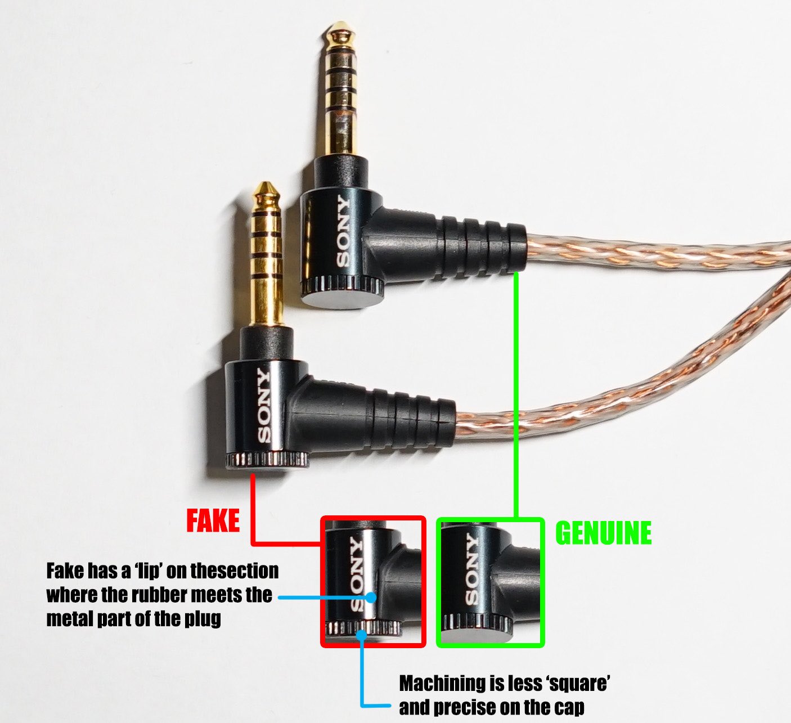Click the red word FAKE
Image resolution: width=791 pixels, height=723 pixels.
click(213, 520)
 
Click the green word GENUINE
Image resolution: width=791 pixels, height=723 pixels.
click(603, 532)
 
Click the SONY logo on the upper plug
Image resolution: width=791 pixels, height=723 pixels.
click(342, 231)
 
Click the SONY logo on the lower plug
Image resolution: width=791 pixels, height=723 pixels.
click(263, 405)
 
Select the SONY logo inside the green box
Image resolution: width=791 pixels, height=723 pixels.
click(471, 569)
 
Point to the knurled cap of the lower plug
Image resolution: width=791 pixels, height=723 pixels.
click(267, 461)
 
